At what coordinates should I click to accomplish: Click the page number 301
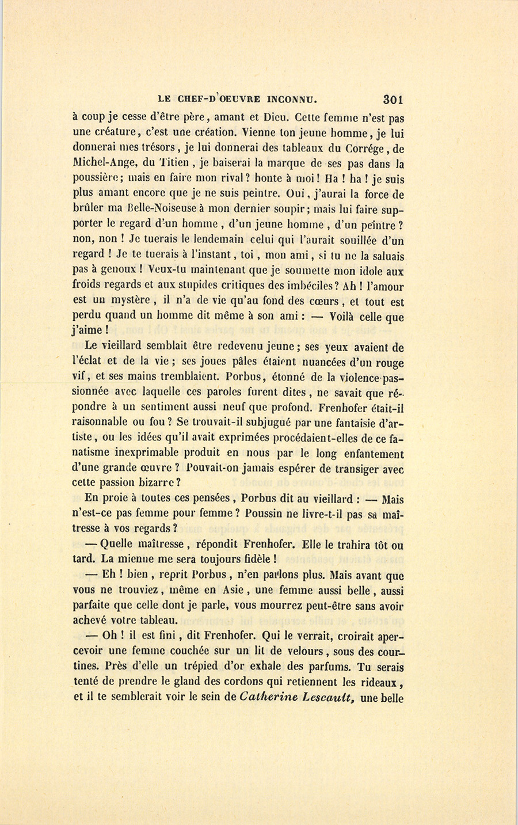click(393, 98)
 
